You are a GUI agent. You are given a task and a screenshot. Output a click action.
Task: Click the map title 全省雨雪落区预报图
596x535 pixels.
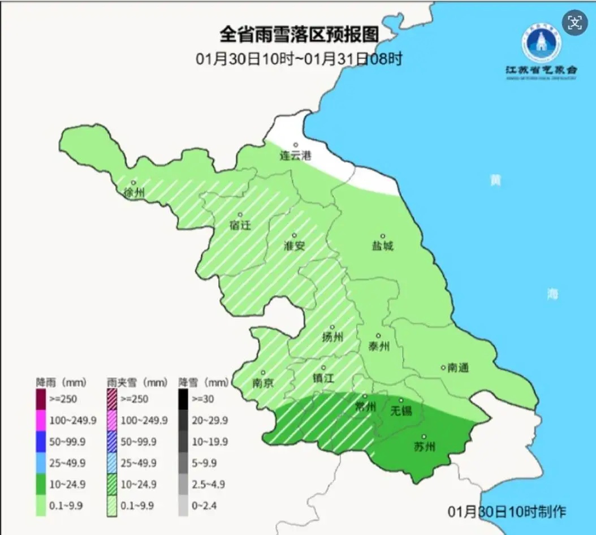(x=299, y=35)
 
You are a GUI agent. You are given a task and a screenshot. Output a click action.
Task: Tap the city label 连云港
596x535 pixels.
(x=296, y=156)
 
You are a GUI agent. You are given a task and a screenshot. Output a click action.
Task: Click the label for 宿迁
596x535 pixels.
(x=240, y=225)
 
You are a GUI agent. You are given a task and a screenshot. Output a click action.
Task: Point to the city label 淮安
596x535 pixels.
(x=294, y=245)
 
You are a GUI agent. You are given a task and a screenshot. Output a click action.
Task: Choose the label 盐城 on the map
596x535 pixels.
(x=382, y=245)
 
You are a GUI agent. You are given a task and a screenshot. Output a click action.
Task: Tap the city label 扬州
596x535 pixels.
(x=332, y=337)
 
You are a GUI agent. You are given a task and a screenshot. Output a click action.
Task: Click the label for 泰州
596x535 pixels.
(x=378, y=346)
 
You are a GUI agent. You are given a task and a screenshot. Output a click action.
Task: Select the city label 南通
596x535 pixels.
(x=457, y=368)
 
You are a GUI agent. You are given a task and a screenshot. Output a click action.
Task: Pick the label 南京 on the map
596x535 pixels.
(x=262, y=382)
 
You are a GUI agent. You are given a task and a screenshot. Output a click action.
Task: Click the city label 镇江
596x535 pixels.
(x=323, y=378)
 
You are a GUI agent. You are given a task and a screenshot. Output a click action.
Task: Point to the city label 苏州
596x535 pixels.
(x=424, y=447)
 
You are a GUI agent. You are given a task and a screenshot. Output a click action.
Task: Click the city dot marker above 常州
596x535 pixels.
(x=365, y=396)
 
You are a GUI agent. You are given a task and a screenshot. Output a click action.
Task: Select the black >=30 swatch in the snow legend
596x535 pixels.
(x=183, y=399)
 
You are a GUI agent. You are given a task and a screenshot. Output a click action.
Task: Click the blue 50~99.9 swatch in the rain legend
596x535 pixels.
(x=41, y=441)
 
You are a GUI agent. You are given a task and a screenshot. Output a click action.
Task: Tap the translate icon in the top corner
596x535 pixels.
(x=575, y=23)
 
